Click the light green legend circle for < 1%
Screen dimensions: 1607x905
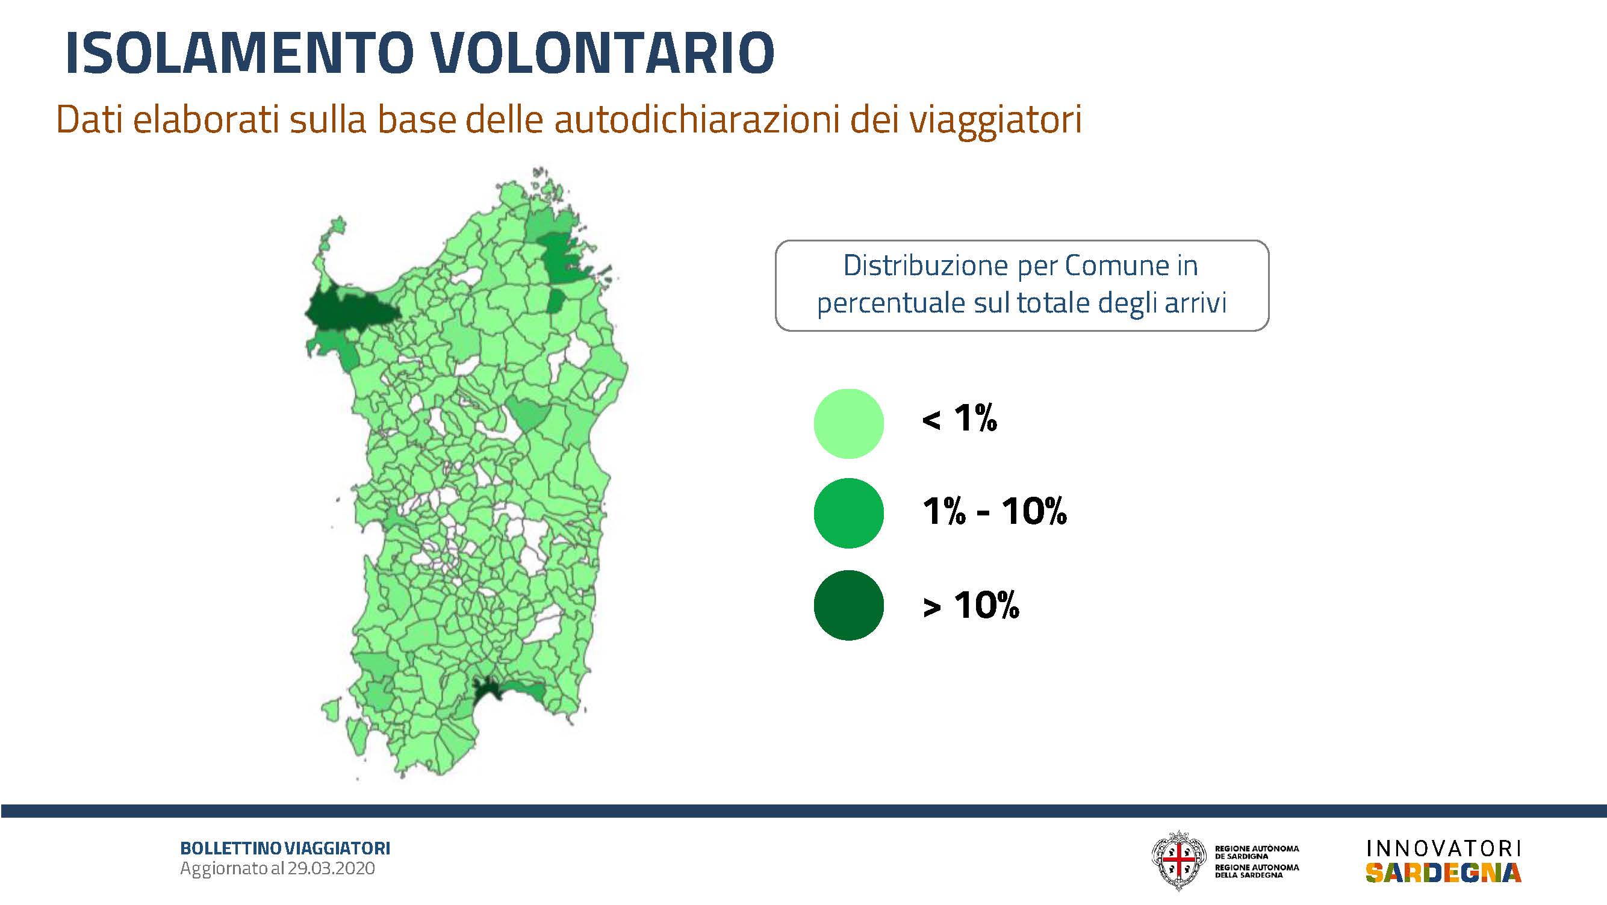[848, 423]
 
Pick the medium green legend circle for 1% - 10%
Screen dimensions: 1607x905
[848, 512]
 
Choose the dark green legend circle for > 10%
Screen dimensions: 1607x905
[848, 605]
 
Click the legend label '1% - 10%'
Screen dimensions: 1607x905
[995, 511]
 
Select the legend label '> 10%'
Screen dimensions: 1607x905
[971, 605]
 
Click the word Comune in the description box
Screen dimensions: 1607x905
[1117, 266]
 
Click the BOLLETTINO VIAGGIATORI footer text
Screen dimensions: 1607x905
[285, 848]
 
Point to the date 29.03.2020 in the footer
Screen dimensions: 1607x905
[331, 868]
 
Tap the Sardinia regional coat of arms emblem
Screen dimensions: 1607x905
[1178, 860]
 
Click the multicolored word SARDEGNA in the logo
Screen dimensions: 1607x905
[1444, 872]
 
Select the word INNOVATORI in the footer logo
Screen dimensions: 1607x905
[1444, 849]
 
